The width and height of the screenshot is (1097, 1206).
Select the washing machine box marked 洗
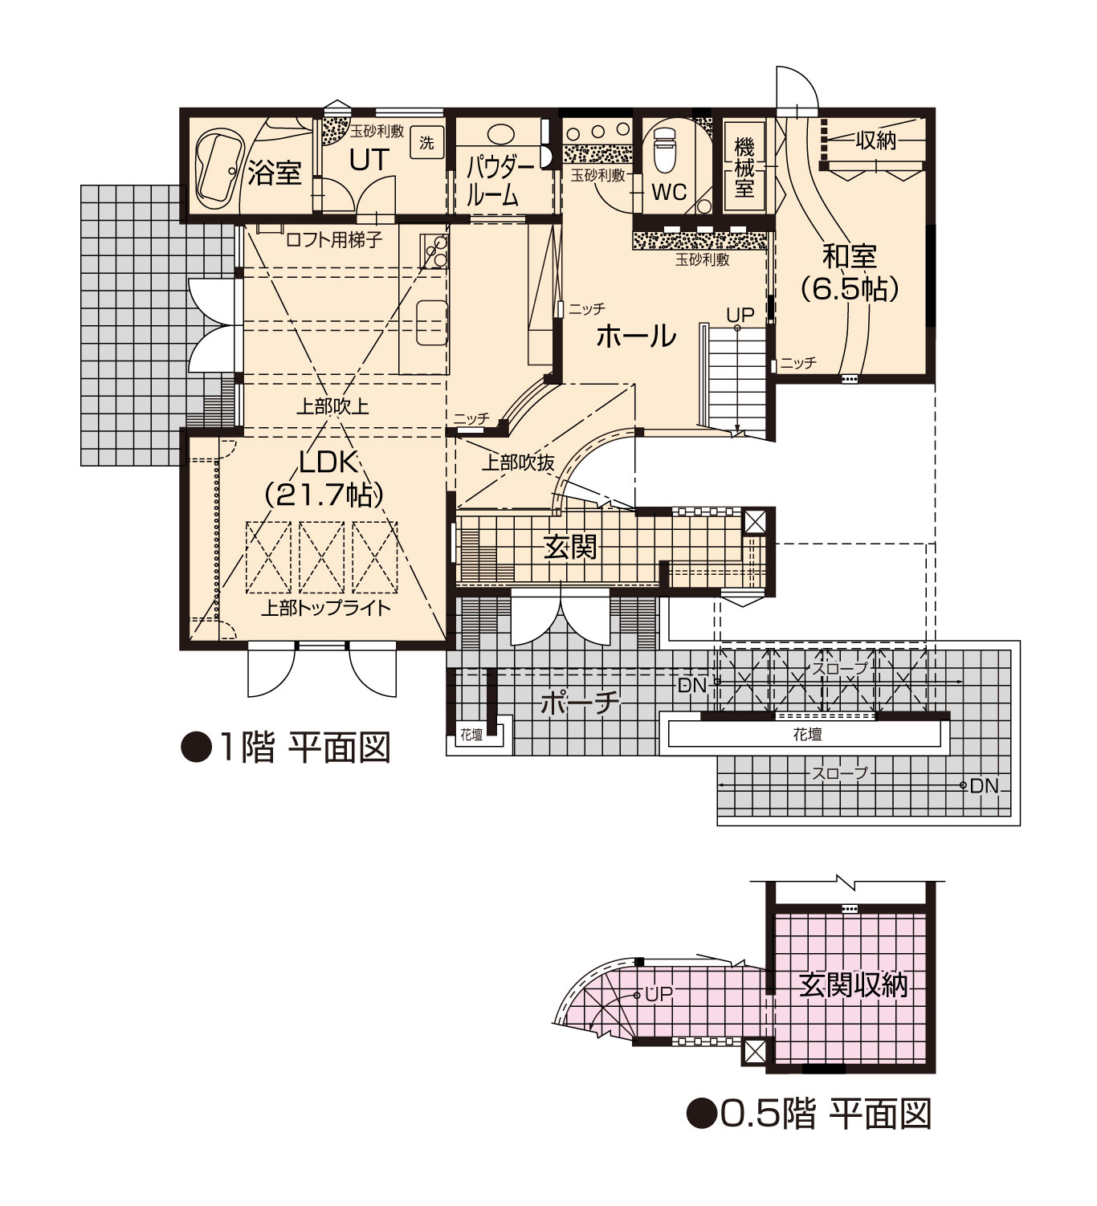426,143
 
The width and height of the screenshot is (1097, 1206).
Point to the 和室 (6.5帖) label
849,272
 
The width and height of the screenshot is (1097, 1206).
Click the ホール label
636,336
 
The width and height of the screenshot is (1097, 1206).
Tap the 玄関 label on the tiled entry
570,547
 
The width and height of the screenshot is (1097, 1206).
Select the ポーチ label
580,703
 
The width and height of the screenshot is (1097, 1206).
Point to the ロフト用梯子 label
334,240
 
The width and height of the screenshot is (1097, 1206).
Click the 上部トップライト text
325,609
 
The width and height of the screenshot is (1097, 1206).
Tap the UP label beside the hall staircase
740,315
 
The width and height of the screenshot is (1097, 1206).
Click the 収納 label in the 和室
875,140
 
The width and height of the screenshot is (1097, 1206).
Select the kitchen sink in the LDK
431,324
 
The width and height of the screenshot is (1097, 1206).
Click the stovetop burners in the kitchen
434,251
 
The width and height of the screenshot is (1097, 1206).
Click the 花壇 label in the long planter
806,734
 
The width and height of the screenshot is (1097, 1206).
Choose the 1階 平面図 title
287,748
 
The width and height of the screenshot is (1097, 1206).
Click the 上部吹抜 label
517,463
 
